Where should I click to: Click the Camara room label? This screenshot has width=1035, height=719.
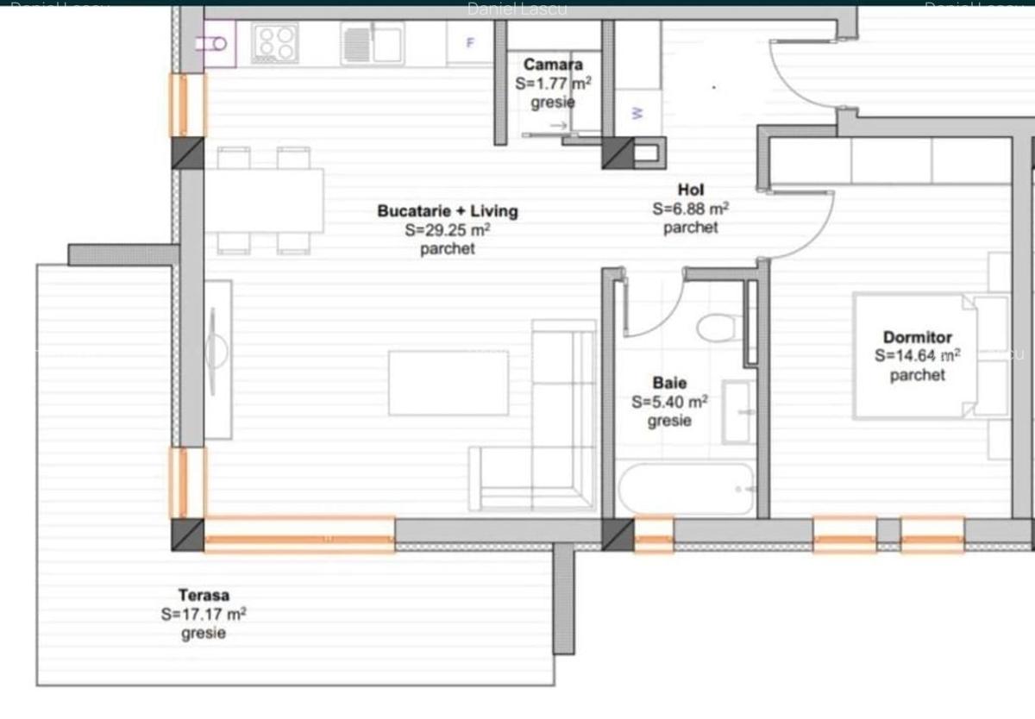pyautogui.click(x=553, y=65)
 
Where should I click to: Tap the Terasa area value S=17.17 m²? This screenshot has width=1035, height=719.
pyautogui.click(x=204, y=615)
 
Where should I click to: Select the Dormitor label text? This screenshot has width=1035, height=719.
pyautogui.click(x=918, y=337)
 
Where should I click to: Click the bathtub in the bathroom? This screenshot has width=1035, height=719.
pyautogui.click(x=687, y=490)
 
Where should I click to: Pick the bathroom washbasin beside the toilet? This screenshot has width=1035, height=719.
pyautogui.click(x=738, y=412)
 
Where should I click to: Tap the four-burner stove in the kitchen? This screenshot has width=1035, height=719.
pyautogui.click(x=275, y=42)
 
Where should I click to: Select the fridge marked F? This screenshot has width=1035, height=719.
pyautogui.click(x=470, y=42)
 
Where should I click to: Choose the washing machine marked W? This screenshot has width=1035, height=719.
pyautogui.click(x=638, y=113)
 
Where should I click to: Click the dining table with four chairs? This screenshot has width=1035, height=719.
pyautogui.click(x=264, y=201)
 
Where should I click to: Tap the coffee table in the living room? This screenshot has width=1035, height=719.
pyautogui.click(x=448, y=383)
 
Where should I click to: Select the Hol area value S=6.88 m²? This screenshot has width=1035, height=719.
pyautogui.click(x=691, y=209)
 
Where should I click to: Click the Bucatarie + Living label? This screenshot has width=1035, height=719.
pyautogui.click(x=448, y=211)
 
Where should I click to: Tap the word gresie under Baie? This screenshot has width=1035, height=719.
pyautogui.click(x=670, y=421)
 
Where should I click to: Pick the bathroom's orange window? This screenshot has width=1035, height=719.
pyautogui.click(x=654, y=535)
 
